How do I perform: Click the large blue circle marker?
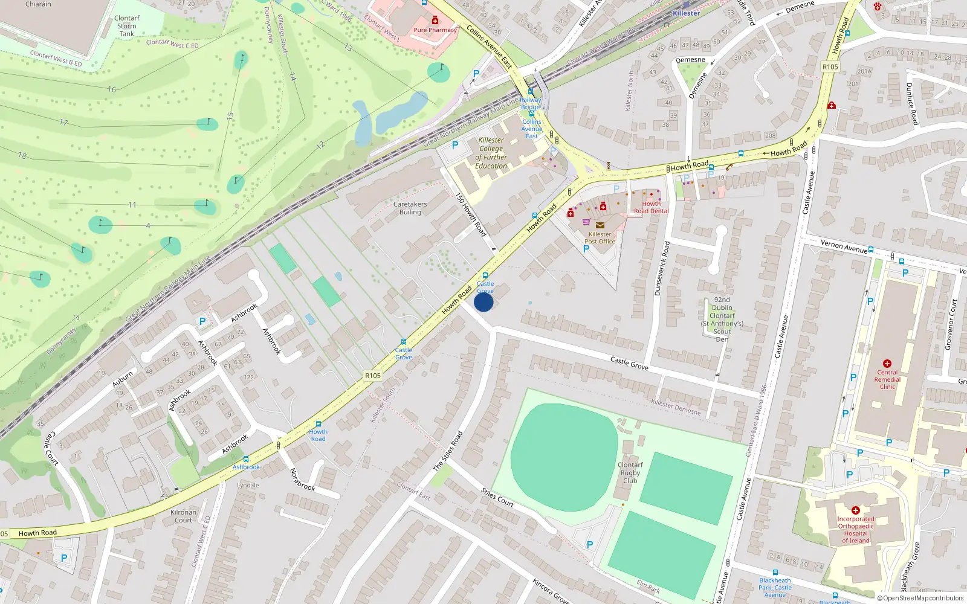[x=483, y=302]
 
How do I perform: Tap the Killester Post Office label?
[x=600, y=238]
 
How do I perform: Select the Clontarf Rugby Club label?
[x=630, y=473]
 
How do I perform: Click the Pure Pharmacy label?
[x=435, y=30]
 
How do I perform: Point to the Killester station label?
[x=687, y=13]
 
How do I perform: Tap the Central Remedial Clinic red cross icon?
[x=887, y=364]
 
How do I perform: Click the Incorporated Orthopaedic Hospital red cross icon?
[x=855, y=510]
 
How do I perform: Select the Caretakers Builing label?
[x=410, y=208]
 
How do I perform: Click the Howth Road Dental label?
[x=651, y=207]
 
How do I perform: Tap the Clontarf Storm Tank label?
[x=126, y=26]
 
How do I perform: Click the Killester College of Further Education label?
[x=491, y=153]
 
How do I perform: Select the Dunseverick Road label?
[x=662, y=269]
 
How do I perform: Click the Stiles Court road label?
[x=497, y=497]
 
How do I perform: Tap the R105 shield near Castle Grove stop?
[x=373, y=376]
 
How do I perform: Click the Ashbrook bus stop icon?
[x=245, y=460]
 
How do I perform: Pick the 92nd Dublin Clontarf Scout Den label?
[x=722, y=319]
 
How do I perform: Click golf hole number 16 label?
[x=112, y=89]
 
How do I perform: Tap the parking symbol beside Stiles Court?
[x=590, y=544]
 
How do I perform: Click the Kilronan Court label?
[x=183, y=516]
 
